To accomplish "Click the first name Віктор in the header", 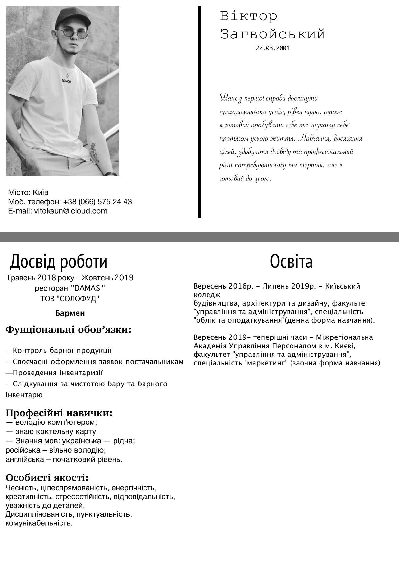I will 248,16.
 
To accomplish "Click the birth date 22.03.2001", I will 273,48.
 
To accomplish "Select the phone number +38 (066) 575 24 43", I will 97,202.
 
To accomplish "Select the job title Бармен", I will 70,313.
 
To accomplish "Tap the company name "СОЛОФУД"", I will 78,299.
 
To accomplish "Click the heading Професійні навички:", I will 59,413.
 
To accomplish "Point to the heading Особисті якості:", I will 47,477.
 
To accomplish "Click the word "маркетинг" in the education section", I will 265,363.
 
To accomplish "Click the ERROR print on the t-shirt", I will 66,81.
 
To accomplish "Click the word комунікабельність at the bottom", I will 39,523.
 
